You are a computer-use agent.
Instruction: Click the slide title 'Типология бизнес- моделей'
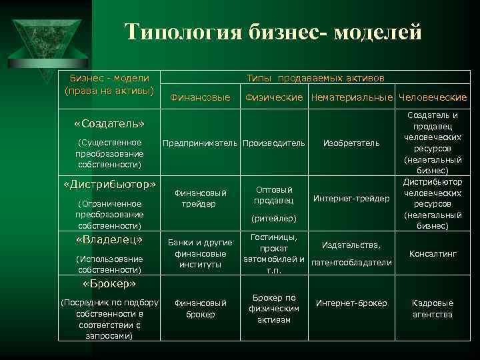(x=273, y=32)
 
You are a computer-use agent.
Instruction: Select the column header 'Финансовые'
(x=201, y=98)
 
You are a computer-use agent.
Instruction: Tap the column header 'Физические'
(x=275, y=98)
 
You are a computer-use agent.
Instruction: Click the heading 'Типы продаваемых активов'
(x=315, y=78)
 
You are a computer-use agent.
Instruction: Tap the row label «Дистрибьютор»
(x=109, y=184)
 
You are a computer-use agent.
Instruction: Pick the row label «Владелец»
(x=109, y=239)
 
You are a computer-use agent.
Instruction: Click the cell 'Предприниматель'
(x=201, y=143)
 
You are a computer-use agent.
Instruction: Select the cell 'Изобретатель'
(x=351, y=143)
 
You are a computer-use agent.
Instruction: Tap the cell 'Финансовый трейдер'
(x=201, y=198)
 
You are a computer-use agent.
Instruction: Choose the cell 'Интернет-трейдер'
(x=351, y=198)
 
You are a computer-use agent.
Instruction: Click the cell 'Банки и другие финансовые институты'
(x=201, y=253)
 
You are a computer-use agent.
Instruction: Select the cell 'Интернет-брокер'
(x=351, y=303)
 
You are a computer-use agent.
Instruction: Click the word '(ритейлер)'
(x=274, y=218)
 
